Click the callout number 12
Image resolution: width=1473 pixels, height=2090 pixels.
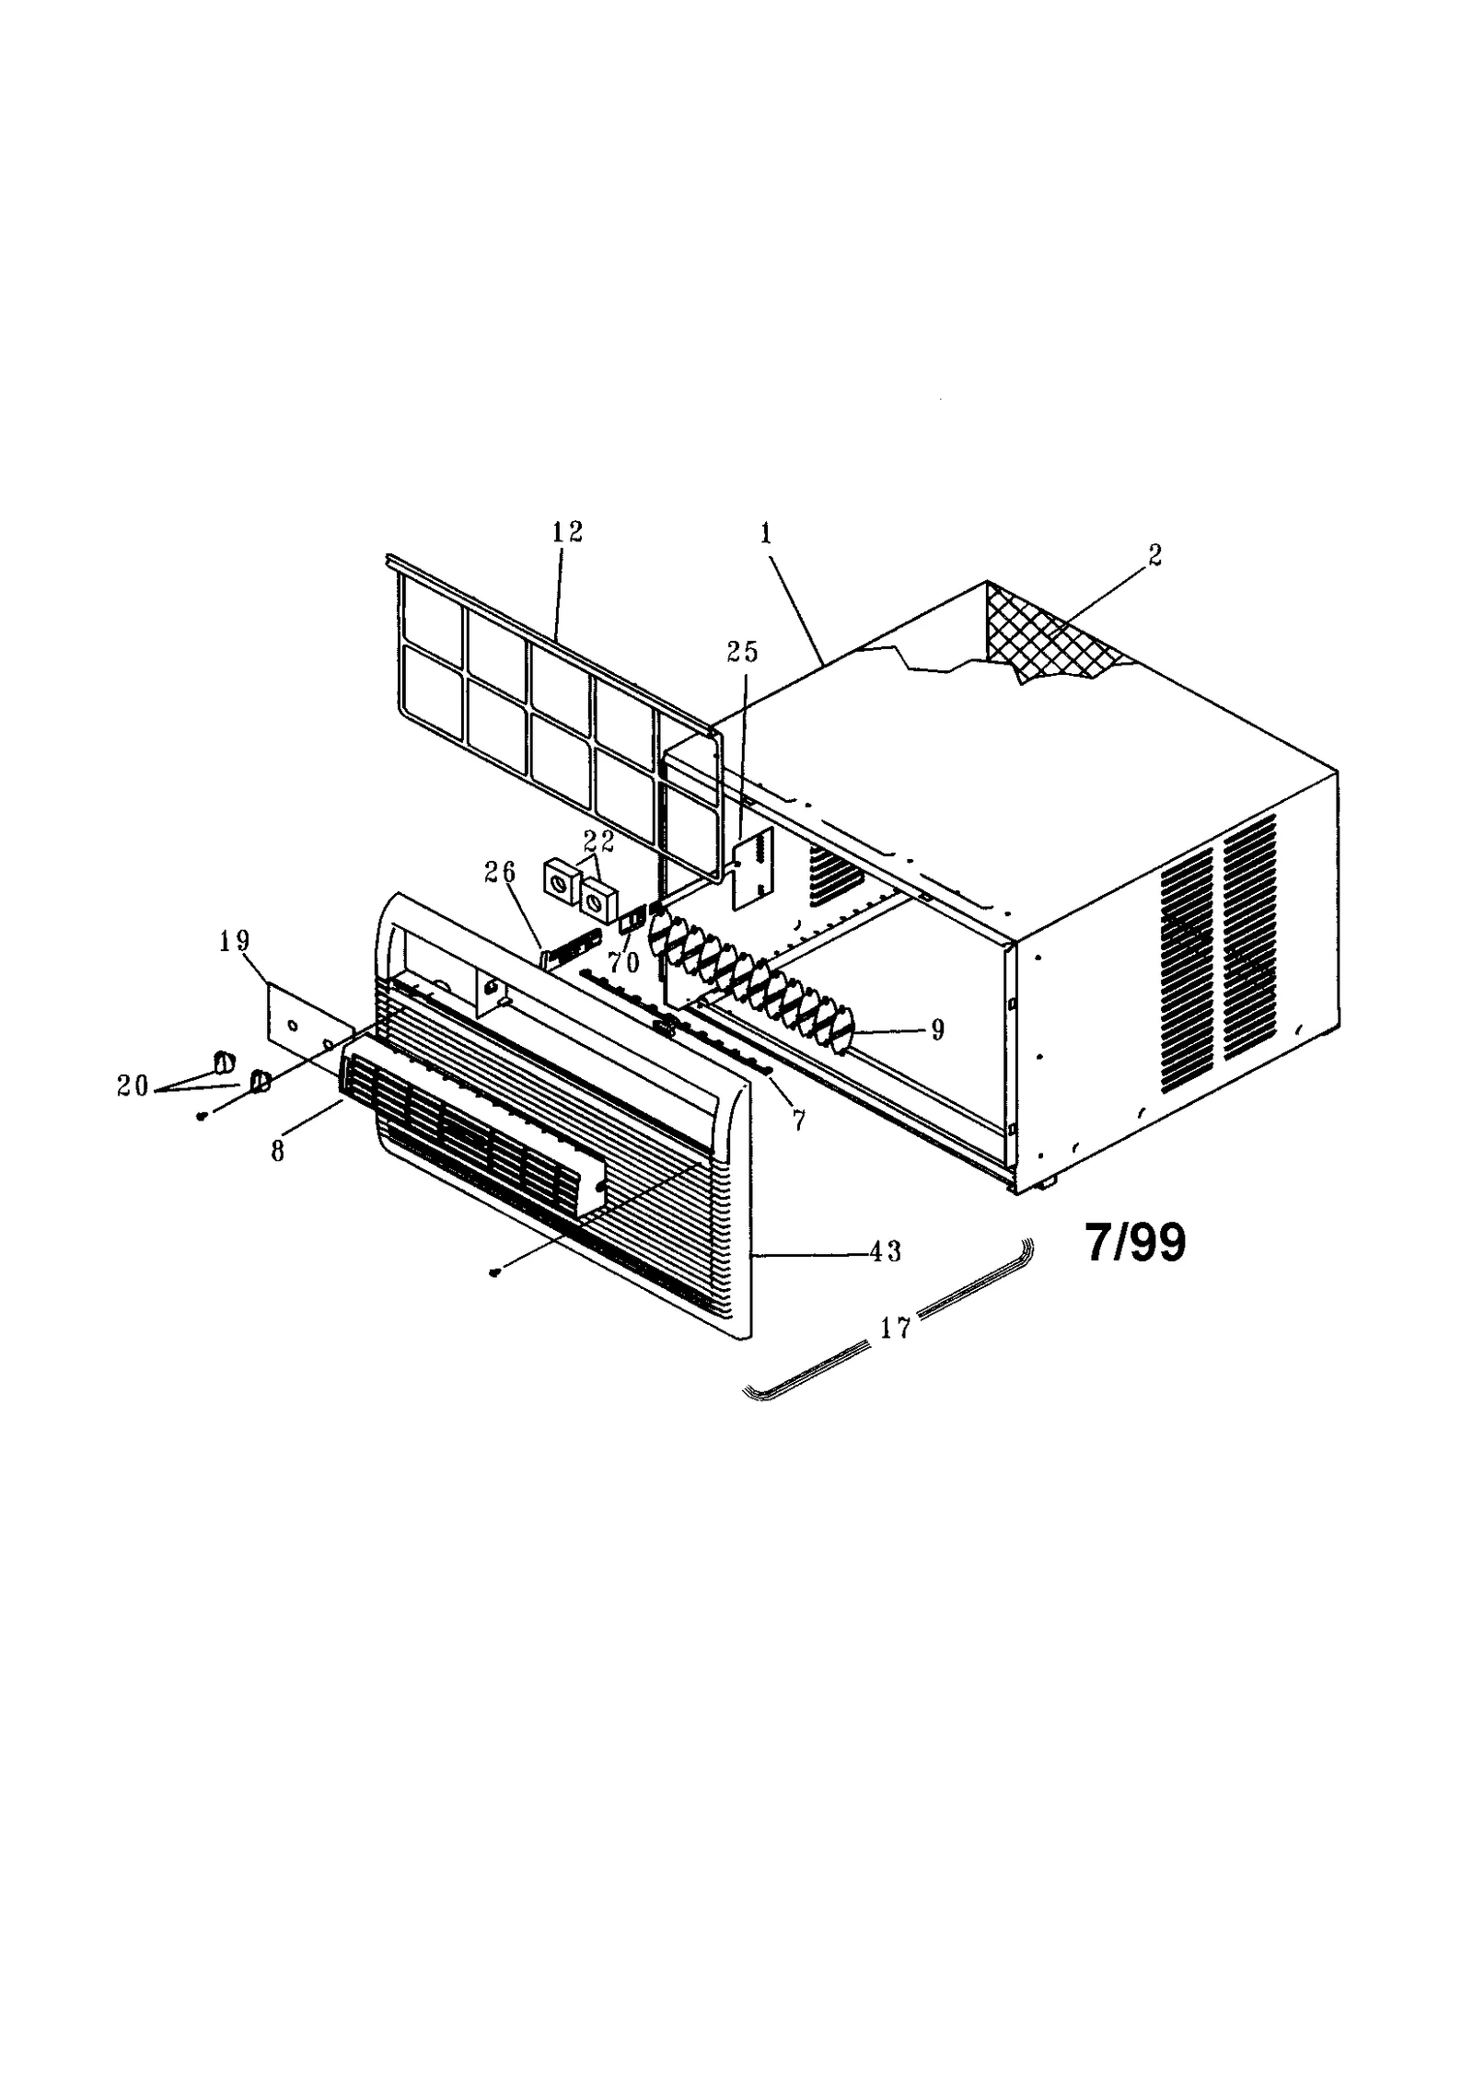point(567,533)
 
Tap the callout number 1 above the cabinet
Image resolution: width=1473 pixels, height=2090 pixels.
point(766,533)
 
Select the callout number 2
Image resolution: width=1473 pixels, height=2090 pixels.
point(1155,555)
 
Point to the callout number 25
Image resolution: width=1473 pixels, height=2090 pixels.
point(742,652)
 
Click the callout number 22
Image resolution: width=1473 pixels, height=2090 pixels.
point(598,840)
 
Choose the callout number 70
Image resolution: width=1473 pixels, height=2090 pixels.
point(623,963)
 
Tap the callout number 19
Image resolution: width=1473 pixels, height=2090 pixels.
point(234,941)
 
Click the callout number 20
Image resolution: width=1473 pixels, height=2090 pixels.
point(133,1086)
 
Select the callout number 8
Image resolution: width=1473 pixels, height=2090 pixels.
point(278,1151)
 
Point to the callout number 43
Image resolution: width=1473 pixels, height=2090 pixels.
point(886,1251)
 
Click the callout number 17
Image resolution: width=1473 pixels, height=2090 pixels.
point(896,1328)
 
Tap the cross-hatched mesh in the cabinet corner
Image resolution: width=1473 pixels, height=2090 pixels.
point(1050,635)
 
